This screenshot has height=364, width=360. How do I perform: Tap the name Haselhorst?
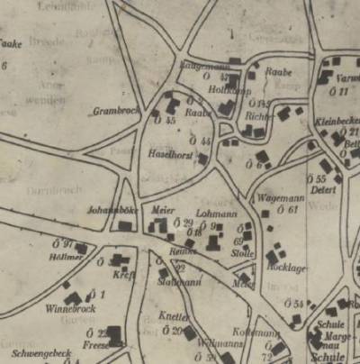click(166, 154)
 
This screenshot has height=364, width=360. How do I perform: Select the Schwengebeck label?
click(42, 352)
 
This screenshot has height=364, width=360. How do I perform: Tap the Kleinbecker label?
click(338, 121)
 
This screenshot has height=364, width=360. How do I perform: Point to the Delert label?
click(322, 190)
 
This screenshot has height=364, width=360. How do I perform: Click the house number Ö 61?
click(287, 209)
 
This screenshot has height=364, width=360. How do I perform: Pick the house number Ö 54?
click(294, 305)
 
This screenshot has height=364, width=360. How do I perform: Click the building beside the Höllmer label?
click(81, 249)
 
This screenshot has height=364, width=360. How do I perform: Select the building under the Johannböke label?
click(124, 226)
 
